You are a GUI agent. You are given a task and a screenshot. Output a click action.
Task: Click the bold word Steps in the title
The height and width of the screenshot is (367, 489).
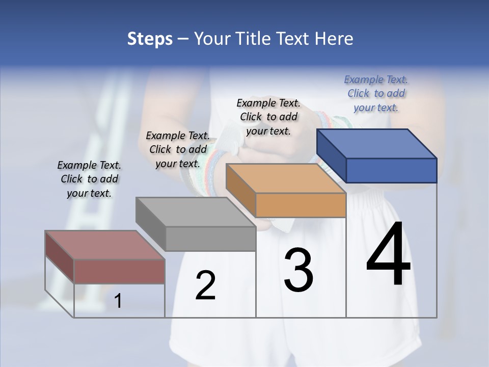(x=150, y=39)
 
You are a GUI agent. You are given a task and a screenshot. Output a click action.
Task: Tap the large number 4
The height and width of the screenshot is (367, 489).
(x=389, y=255)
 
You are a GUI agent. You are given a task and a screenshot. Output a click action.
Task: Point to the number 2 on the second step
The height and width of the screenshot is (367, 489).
(x=205, y=285)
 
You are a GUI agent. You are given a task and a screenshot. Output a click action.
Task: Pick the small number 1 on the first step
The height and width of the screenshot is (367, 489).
(x=118, y=301)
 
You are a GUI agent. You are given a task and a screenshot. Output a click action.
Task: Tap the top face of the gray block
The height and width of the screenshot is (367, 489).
(x=196, y=212)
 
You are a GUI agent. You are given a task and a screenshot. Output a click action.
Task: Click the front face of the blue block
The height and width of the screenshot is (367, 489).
(x=391, y=171)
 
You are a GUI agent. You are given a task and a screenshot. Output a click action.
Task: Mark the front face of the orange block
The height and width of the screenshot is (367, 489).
(x=301, y=205)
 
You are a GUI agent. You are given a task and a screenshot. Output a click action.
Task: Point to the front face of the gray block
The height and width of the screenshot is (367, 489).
(x=210, y=239)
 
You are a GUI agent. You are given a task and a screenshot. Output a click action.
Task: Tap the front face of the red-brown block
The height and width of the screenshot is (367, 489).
(x=120, y=271)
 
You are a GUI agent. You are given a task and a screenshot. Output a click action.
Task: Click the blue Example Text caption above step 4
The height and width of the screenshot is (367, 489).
(x=376, y=93)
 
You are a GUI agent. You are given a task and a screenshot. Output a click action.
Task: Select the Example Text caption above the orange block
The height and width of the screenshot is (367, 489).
(x=268, y=117)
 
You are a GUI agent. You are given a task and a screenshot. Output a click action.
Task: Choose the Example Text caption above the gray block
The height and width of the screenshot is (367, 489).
(x=178, y=149)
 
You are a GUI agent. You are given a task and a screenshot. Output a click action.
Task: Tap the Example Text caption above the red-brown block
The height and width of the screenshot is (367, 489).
(x=89, y=179)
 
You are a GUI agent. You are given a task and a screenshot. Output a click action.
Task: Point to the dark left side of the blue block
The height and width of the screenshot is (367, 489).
(x=331, y=156)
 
